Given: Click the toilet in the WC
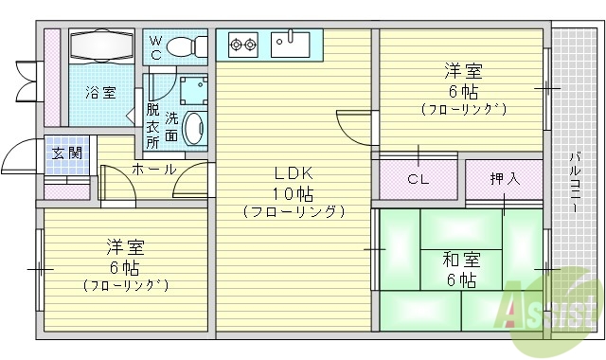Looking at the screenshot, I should point(192,46).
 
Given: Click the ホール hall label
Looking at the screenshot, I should point(153,170).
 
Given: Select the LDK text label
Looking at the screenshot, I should point(294,173).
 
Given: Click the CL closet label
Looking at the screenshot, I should point(417,178).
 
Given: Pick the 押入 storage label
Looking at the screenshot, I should point(503,178).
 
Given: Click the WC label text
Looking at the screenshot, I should point(157,48).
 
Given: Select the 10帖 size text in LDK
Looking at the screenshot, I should point(294,193).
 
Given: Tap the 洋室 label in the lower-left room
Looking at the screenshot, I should point(125,248).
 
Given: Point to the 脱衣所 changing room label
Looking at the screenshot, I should point(152,124).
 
